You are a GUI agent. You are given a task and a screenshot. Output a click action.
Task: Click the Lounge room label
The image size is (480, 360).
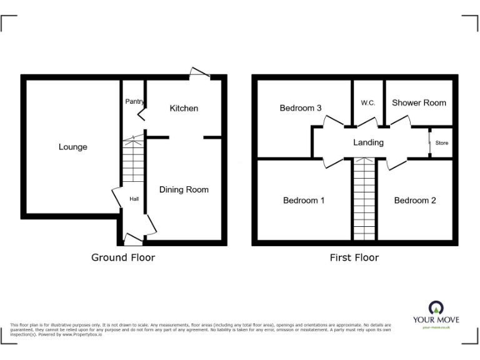[73, 147]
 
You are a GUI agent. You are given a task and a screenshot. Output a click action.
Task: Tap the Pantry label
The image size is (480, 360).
[134, 101]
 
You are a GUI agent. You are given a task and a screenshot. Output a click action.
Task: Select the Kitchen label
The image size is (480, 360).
[184, 108]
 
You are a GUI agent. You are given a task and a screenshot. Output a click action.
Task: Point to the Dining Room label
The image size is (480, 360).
[184, 189]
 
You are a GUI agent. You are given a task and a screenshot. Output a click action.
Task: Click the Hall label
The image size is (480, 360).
[134, 199]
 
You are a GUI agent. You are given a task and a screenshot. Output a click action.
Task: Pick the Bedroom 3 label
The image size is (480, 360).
[301, 108]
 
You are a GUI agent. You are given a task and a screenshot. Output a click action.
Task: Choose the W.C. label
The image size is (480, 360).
[368, 103]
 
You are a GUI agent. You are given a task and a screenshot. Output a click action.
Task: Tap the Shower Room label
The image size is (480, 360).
[419, 102]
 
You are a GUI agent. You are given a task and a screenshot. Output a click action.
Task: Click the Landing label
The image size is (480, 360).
[368, 142]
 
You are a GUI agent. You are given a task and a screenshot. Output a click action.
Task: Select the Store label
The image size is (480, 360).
[442, 143]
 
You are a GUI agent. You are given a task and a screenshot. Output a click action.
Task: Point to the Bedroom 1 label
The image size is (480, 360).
[304, 201]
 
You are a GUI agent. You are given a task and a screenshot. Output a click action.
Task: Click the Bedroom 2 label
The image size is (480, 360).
[415, 201]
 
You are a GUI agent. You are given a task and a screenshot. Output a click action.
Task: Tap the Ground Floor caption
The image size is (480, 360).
[123, 257]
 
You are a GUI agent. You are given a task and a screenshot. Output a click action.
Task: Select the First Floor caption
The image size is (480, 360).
[354, 257]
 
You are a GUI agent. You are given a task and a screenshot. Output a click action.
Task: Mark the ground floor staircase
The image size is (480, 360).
[133, 160]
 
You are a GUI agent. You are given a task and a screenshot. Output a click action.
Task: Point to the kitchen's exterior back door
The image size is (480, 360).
[200, 73]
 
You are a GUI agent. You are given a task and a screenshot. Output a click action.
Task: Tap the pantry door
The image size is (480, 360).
[142, 112]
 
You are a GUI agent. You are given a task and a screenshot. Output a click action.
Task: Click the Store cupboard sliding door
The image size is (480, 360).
[430, 142]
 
